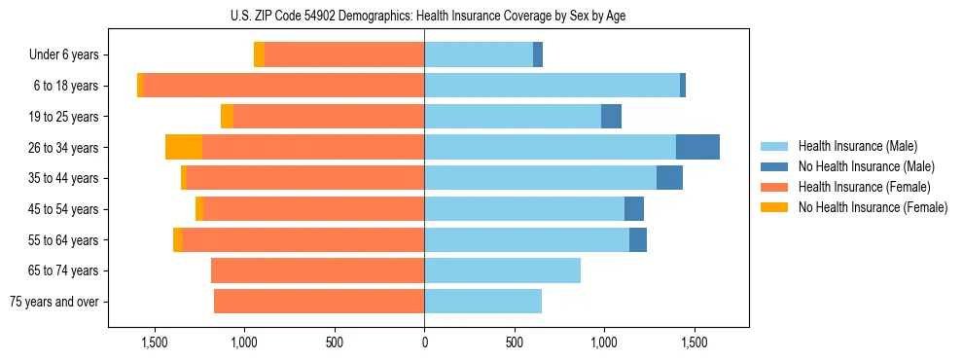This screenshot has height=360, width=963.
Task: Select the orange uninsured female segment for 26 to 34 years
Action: (184, 147)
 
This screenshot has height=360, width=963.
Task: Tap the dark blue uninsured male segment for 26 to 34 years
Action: (697, 147)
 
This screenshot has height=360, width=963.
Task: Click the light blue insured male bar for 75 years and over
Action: (482, 302)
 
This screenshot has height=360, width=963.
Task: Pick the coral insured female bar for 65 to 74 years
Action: (317, 270)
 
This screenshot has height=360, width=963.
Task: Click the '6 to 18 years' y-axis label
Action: (66, 86)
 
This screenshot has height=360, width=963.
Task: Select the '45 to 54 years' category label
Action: (63, 209)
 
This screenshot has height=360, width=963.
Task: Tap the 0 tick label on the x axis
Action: (424, 342)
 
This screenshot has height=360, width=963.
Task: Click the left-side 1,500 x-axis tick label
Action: (154, 342)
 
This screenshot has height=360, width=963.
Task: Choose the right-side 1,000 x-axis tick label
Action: (604, 342)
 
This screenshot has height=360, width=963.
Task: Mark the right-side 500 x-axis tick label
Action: (514, 342)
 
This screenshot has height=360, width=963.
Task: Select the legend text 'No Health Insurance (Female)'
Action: (873, 207)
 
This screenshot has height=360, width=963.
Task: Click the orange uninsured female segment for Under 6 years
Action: (259, 55)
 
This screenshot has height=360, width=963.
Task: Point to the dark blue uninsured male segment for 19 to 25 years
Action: (611, 117)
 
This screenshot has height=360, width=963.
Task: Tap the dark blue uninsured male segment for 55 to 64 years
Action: (638, 240)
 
